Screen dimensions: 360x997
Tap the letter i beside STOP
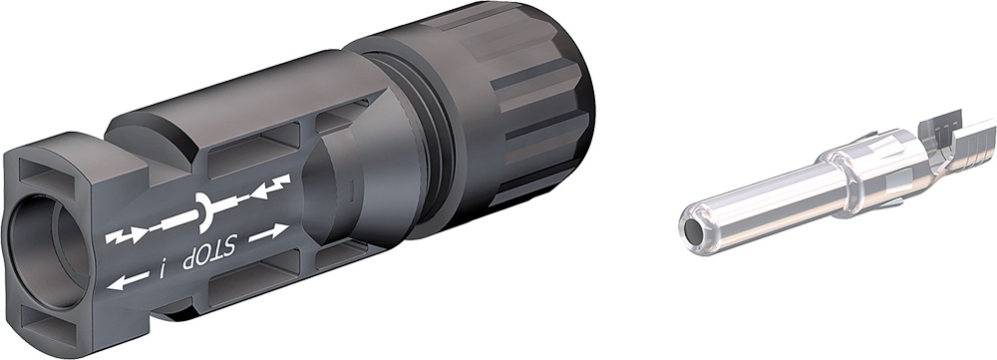[x=162, y=267]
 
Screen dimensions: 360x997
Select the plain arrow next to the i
[x=124, y=282]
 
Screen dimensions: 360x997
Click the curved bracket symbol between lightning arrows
[x=205, y=209]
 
